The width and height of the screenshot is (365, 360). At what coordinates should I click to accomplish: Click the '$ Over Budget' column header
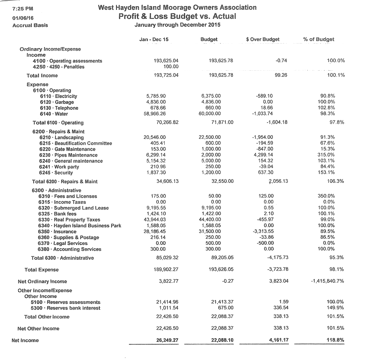click(263, 39)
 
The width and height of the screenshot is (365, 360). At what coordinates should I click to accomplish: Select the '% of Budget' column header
click(319, 39)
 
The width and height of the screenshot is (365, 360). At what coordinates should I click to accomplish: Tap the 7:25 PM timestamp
click(23, 9)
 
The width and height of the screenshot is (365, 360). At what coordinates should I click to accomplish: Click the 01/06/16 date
click(23, 18)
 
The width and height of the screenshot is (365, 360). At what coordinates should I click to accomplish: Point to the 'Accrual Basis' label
click(30, 25)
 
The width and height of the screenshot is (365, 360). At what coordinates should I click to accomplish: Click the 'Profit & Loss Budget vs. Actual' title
click(177, 16)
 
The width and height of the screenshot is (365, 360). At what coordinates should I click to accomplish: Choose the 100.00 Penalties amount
click(171, 67)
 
